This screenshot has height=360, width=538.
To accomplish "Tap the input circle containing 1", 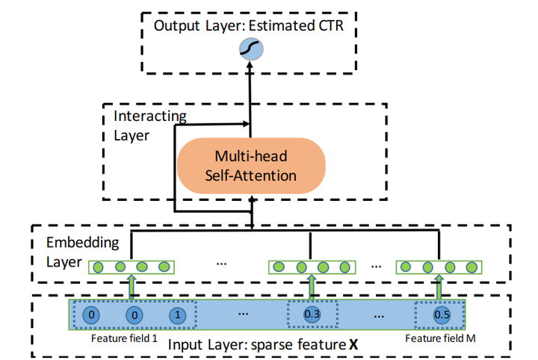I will [176, 314].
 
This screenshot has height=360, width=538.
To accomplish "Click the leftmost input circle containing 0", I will [91, 314].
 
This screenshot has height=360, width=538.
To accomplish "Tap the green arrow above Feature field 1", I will [132, 287].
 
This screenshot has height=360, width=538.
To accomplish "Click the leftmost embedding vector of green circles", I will [132, 267].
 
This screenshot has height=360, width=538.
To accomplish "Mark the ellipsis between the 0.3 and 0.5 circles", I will [377, 314].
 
